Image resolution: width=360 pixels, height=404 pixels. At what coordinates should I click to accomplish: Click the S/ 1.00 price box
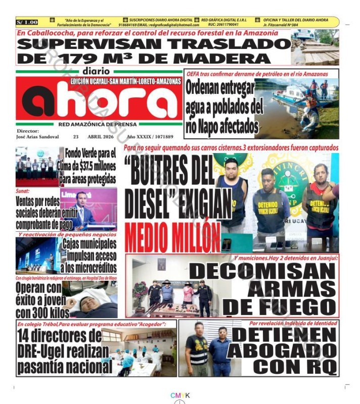coord(27,22)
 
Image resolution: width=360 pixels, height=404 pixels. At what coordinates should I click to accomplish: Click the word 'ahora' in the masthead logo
coord(100,100)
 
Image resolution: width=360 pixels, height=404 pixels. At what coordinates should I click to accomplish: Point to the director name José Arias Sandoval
coord(38,137)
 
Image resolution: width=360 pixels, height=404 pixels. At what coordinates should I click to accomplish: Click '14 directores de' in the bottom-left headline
coord(59,336)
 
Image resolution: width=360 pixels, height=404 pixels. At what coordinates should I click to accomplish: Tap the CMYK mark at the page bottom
coord(180,395)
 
